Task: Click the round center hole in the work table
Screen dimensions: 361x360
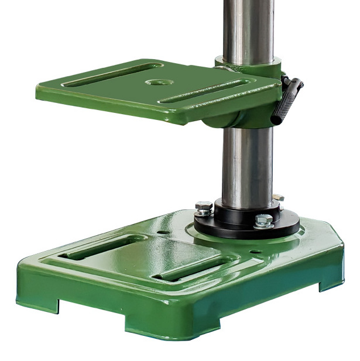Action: click(155, 82)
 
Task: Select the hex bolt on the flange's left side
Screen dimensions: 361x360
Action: click(203, 208)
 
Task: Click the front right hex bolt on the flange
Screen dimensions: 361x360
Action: click(264, 221)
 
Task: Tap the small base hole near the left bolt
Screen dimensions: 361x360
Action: click(162, 232)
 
